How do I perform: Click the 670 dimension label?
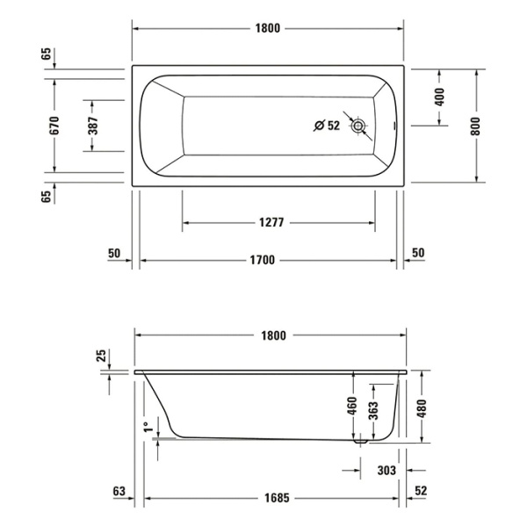click(x=54, y=126)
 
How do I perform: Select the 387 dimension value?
click(x=93, y=126)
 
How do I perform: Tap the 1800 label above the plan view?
click(x=268, y=27)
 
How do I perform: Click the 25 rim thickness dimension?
click(x=100, y=356)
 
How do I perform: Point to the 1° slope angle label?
click(x=147, y=428)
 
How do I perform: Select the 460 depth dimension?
click(x=351, y=407)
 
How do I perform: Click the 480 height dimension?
click(x=423, y=407)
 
